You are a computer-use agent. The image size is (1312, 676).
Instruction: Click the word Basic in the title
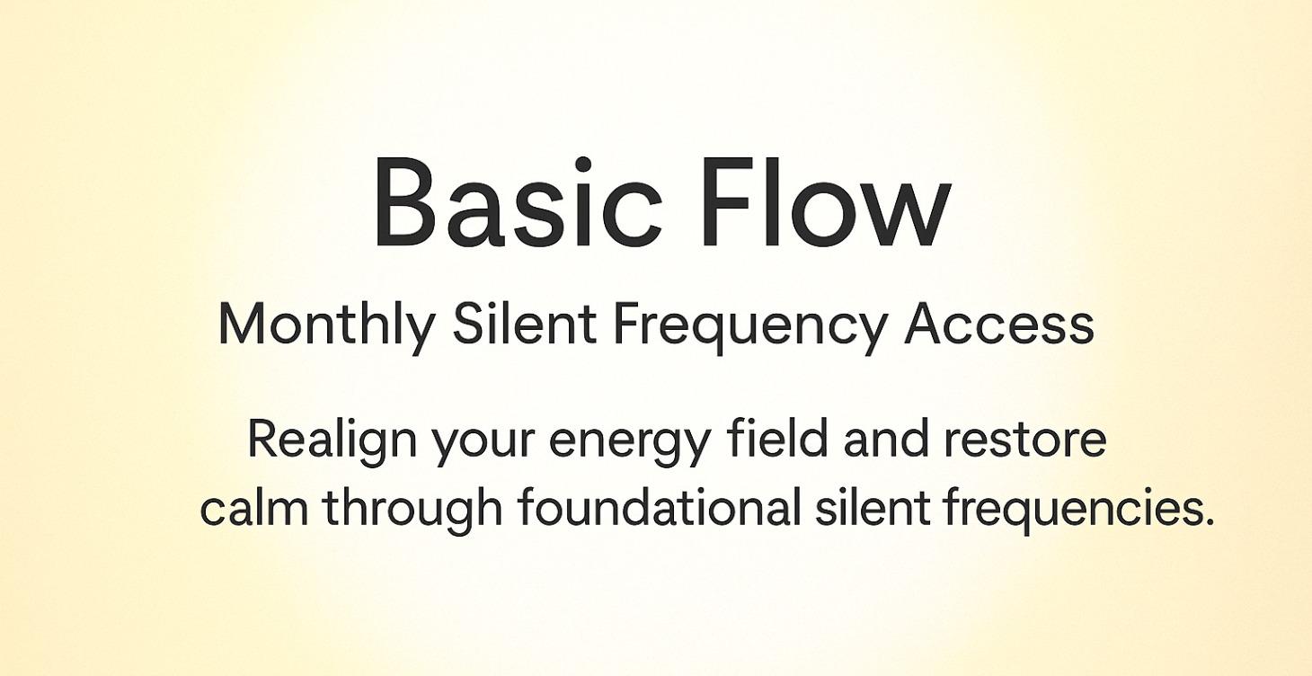point(517,203)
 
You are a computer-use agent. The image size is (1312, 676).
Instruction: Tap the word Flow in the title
point(824,203)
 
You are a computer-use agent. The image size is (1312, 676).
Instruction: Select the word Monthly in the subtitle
point(326,325)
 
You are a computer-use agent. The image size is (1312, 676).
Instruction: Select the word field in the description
point(778,439)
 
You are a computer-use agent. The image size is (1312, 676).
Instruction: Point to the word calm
point(253,508)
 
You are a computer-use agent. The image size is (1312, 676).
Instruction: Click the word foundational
point(659,507)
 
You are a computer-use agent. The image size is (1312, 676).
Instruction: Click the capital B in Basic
point(405,203)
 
